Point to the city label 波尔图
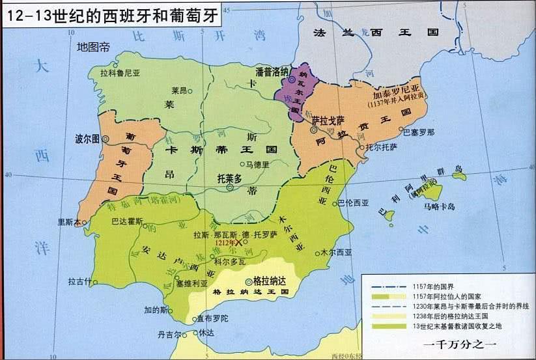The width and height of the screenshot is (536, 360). [x=87, y=139]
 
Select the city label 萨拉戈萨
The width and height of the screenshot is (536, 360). [x=328, y=120]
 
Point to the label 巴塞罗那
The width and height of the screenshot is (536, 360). [x=419, y=132]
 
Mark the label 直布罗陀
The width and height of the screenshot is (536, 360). [x=210, y=318]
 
